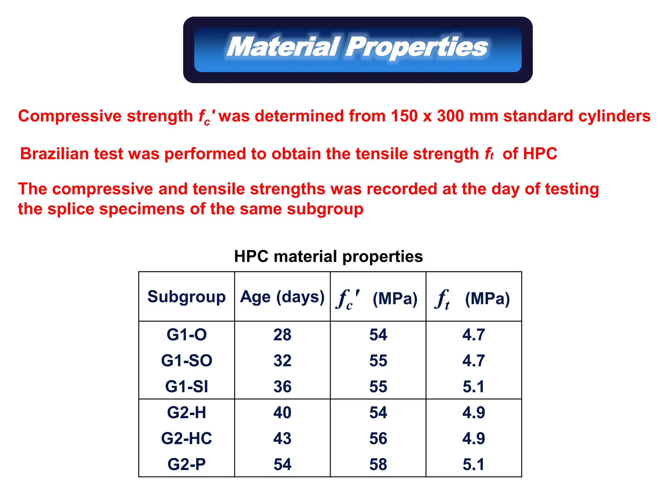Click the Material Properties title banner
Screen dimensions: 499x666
click(x=357, y=49)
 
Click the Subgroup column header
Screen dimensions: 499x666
click(x=186, y=297)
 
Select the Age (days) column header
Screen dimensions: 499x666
click(x=282, y=297)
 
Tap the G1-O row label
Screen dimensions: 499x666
click(x=186, y=335)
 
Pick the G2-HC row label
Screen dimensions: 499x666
click(x=186, y=438)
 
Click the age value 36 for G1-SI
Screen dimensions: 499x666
click(x=282, y=387)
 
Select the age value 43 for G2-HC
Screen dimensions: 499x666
click(x=282, y=438)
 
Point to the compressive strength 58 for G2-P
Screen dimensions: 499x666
click(x=378, y=464)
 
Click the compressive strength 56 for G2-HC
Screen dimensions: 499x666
click(x=378, y=438)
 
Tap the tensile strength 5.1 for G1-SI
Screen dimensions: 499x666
click(x=473, y=387)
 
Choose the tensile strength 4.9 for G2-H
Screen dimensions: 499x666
click(x=473, y=413)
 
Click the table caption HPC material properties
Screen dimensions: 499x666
click(x=328, y=256)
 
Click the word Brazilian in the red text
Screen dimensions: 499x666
click(x=54, y=154)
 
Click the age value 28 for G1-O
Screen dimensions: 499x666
click(x=282, y=335)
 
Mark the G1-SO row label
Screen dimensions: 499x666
click(x=186, y=361)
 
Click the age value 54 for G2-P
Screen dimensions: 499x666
click(x=282, y=464)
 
